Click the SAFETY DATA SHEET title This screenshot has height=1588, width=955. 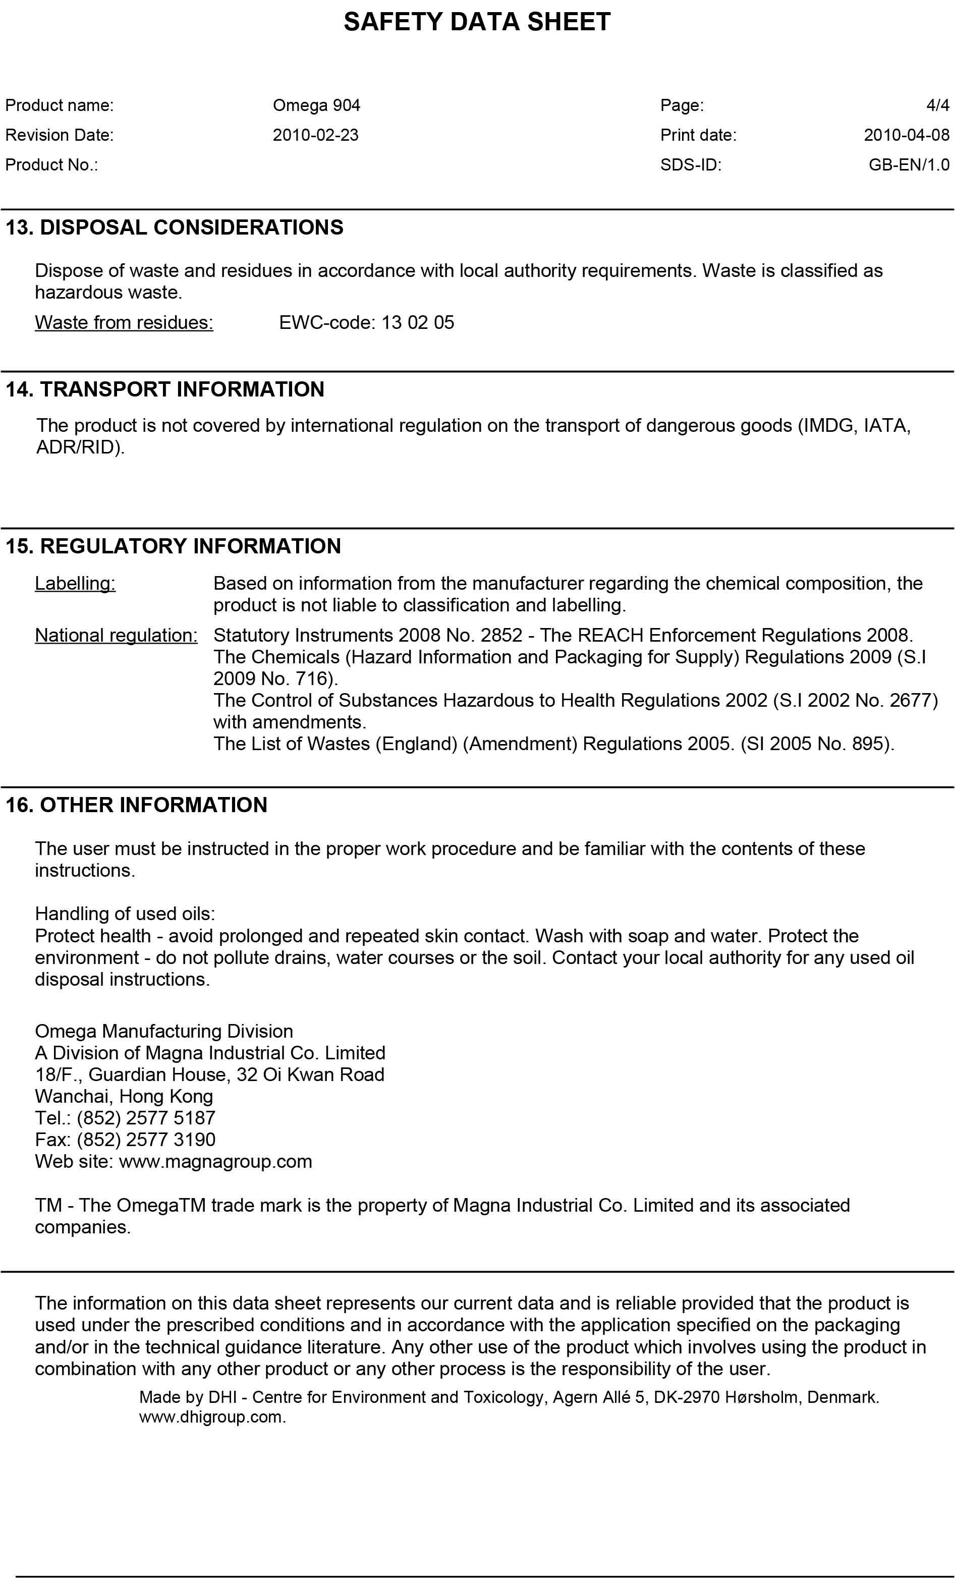(x=477, y=22)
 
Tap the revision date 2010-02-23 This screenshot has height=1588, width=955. (x=315, y=135)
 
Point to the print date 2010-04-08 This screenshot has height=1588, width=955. (x=906, y=135)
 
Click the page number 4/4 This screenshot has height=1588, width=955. (x=938, y=105)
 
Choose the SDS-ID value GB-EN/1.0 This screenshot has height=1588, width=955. (x=909, y=165)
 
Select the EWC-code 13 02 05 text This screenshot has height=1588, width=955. (x=366, y=322)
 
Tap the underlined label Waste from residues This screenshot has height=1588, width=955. (x=124, y=322)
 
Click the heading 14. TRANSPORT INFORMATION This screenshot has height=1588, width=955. (x=165, y=389)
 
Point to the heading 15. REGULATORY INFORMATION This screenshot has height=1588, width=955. (x=173, y=546)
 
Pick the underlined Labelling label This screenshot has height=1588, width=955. (x=75, y=584)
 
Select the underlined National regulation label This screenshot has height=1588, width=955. (x=116, y=636)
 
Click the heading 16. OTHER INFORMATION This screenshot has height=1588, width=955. (x=136, y=805)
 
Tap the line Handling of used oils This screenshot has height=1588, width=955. (x=125, y=914)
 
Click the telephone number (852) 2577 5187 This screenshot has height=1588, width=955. (x=145, y=1118)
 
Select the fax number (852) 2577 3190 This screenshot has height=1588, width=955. (x=145, y=1140)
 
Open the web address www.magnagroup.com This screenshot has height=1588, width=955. (x=215, y=1161)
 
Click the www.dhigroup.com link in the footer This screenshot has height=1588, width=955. (x=212, y=1417)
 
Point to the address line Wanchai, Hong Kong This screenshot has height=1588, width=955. (x=124, y=1096)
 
